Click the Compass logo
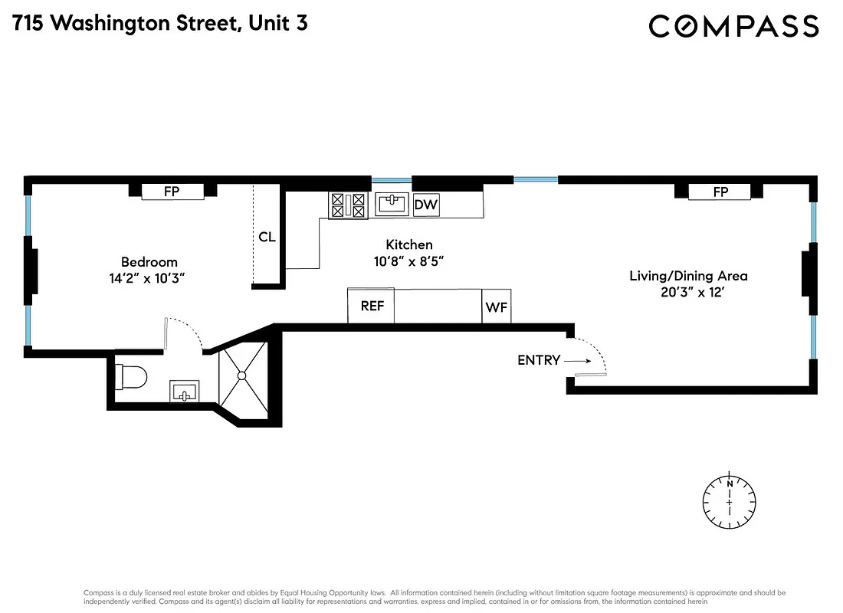point(733,26)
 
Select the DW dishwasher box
point(426,205)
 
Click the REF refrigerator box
point(372,306)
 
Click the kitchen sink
point(392,204)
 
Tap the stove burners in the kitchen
point(346,205)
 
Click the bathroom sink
point(184,392)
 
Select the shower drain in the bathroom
point(241,375)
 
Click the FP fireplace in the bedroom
point(172,192)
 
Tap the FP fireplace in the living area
point(720,192)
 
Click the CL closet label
point(267,237)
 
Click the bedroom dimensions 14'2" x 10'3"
point(149,278)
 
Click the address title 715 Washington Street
point(160,23)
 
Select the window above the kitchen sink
point(392,180)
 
